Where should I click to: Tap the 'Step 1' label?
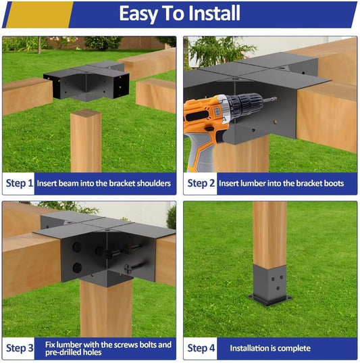[20, 183]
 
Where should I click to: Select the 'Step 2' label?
[201, 183]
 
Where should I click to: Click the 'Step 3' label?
[20, 348]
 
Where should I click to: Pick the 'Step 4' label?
[201, 348]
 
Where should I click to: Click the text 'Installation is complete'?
[270, 348]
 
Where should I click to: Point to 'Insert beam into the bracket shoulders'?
[104, 183]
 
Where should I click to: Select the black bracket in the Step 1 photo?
[86, 81]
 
